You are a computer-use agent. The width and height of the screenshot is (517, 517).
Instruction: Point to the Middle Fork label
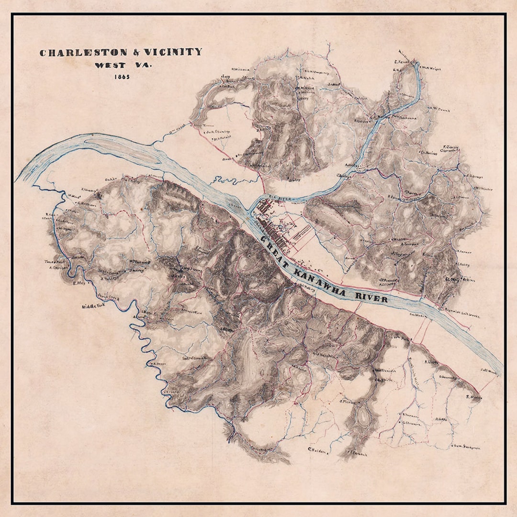pyautogui.click(x=93, y=306)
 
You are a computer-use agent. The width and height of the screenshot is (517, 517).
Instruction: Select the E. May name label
pyautogui.click(x=79, y=283)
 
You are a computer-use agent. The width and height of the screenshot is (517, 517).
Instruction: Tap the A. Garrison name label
pyautogui.click(x=57, y=268)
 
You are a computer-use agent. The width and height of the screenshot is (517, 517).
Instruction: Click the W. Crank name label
pyautogui.click(x=440, y=109)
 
